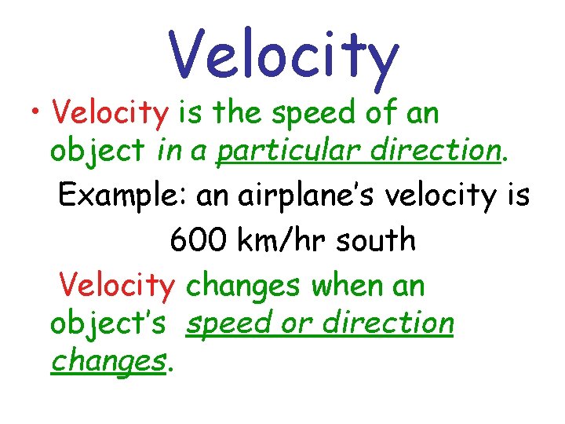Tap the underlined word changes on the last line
click(109, 362)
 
